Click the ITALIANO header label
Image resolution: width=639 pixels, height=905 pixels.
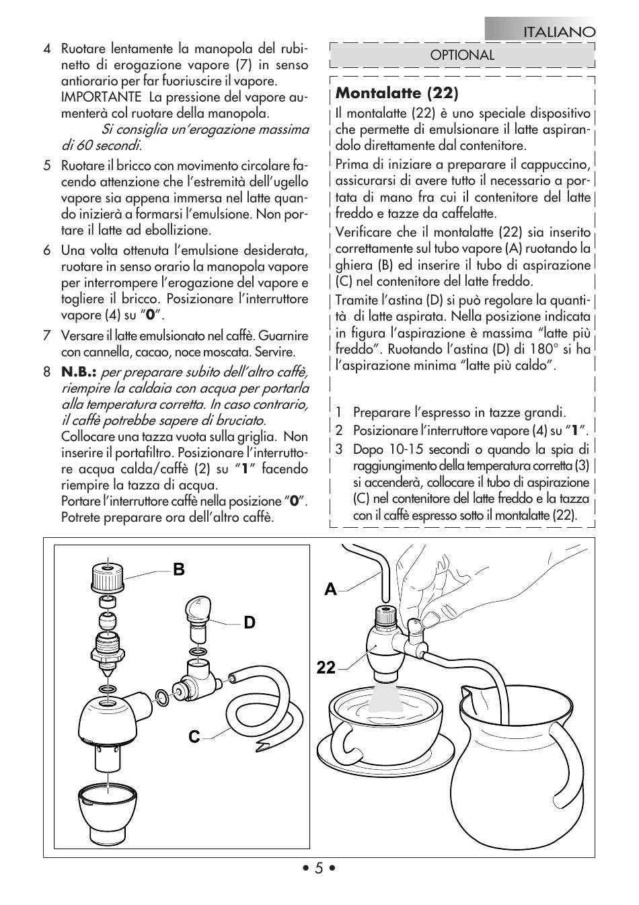tap(560, 32)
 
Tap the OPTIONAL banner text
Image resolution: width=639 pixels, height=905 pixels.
tap(462, 55)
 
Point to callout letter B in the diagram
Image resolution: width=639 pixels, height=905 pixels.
tap(178, 569)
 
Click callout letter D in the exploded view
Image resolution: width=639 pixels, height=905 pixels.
tap(250, 623)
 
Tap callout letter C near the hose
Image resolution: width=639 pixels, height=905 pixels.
tap(194, 738)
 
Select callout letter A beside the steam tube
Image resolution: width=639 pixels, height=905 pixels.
tap(330, 590)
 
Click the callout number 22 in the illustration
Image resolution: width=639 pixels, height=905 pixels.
tap(327, 668)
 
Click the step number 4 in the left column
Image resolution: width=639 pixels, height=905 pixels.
tap(47, 49)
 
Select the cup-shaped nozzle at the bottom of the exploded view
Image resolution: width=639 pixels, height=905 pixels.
tap(106, 805)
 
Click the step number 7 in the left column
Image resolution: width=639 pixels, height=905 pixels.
tap(47, 336)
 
